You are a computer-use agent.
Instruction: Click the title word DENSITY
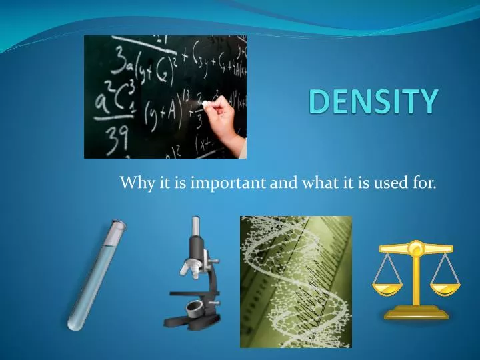point(374,101)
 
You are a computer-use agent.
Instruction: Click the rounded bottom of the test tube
point(73,325)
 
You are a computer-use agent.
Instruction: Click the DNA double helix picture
point(295,281)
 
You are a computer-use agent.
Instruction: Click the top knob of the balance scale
point(415,247)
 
